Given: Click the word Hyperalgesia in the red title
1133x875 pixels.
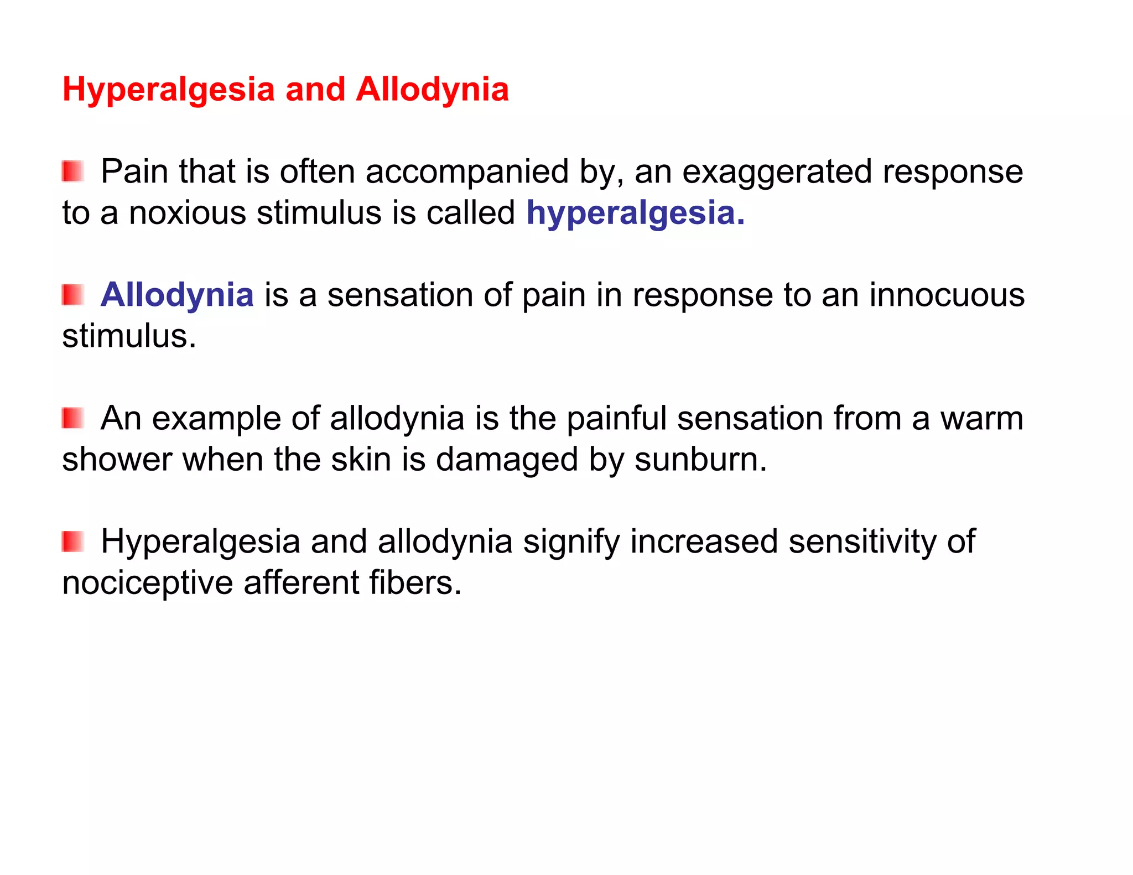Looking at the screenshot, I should (x=168, y=90).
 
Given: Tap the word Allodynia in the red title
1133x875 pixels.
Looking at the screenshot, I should (x=432, y=90).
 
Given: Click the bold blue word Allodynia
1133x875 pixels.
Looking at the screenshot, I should (x=177, y=295).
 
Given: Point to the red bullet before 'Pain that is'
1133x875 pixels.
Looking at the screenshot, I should (x=72, y=171).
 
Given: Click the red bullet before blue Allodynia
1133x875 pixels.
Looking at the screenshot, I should (x=72, y=295).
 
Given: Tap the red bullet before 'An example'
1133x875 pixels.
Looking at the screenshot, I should (x=72, y=418).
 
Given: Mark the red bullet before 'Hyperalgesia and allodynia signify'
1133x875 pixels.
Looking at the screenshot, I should (x=72, y=541).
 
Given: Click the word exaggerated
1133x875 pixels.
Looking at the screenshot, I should (x=777, y=171).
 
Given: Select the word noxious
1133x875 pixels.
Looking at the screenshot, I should (x=188, y=213).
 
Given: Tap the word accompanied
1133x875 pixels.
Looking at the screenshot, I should (x=467, y=171).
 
